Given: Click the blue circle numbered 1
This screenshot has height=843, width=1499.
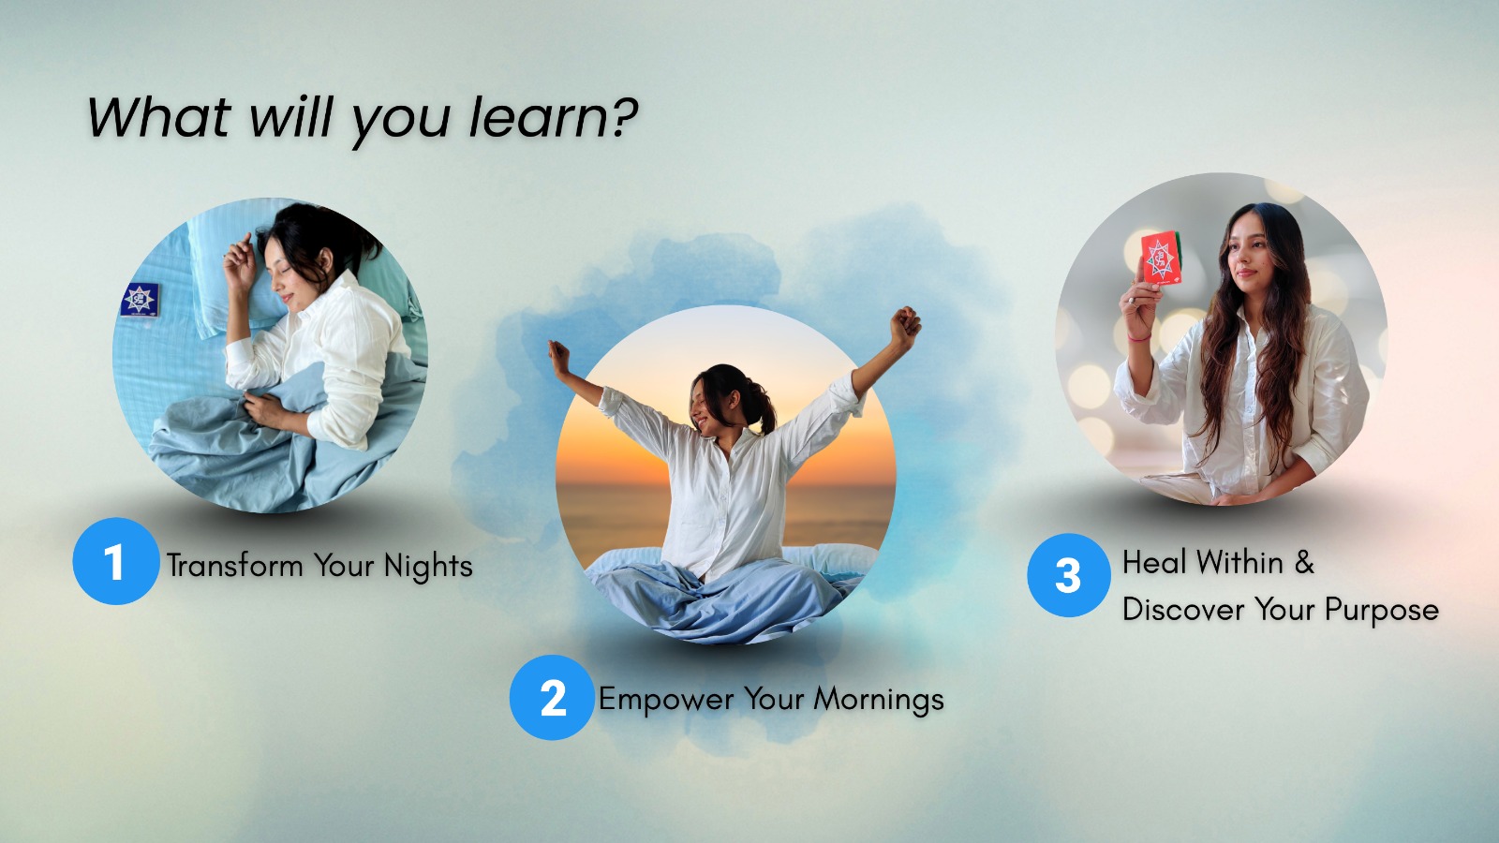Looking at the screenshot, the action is [x=116, y=561].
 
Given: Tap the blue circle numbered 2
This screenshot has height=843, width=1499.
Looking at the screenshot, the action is [x=552, y=697].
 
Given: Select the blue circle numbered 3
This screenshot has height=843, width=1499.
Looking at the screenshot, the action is [x=1069, y=575].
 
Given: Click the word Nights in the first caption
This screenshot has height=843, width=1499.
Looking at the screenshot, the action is [x=428, y=566].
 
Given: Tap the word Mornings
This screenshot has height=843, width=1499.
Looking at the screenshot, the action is [x=879, y=700].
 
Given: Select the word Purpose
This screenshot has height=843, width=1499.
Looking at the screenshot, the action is [x=1381, y=610].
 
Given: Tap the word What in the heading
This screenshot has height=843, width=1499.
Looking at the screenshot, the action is [x=158, y=117].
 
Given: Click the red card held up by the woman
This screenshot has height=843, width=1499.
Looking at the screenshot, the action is [x=1161, y=258].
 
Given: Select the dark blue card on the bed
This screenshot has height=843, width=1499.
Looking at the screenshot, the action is [x=140, y=299].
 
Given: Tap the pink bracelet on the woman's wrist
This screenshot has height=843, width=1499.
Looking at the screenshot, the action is [x=1138, y=337].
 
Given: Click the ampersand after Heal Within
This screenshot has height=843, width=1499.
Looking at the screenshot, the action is [x=1303, y=562].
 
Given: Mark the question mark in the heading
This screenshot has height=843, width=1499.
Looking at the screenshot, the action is [x=625, y=117].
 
